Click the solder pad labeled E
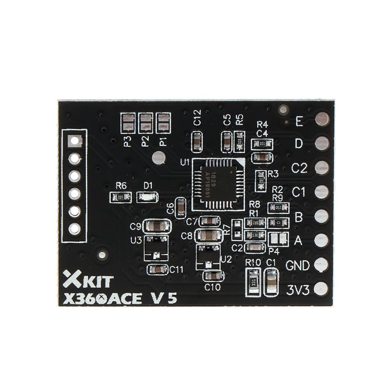(322, 118)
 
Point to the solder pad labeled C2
(322, 167)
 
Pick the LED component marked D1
(147, 197)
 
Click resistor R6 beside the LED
(121, 197)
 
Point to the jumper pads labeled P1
(164, 123)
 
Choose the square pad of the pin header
(74, 141)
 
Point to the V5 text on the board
(165, 298)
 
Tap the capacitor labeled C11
(157, 269)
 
